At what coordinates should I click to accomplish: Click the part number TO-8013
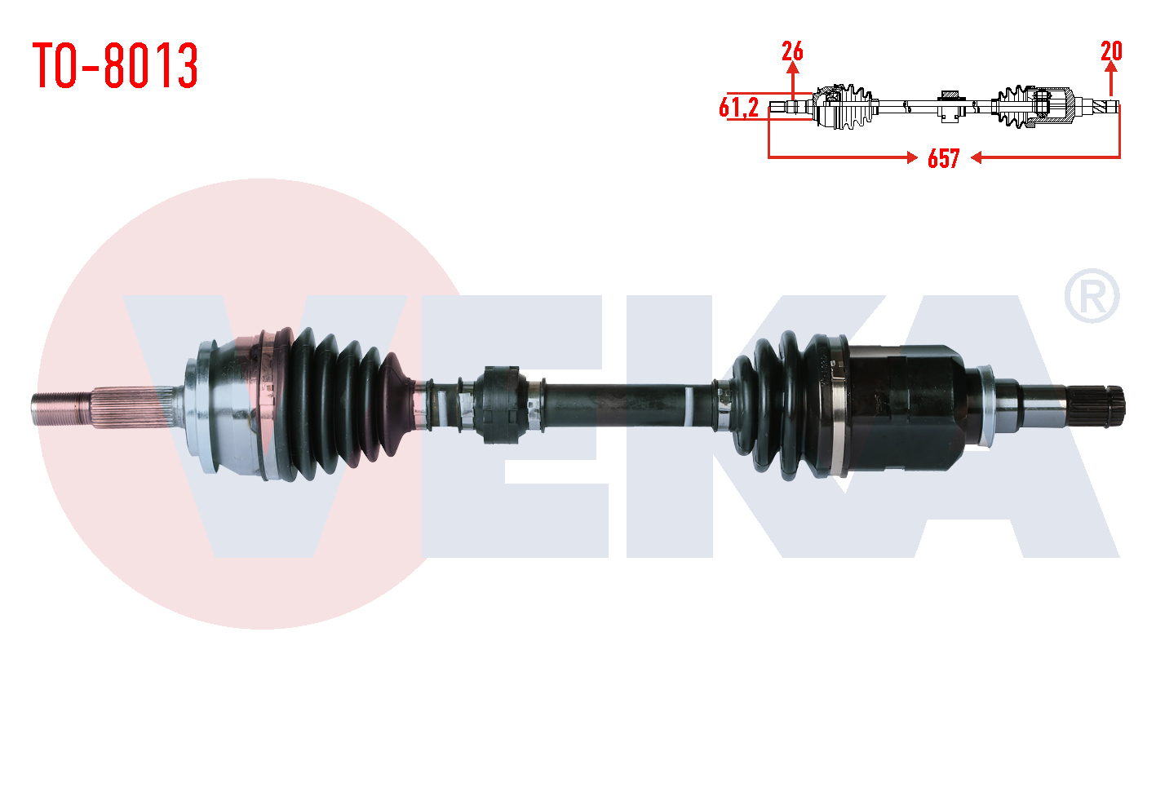click(x=115, y=65)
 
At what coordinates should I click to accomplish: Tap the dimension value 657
click(x=943, y=158)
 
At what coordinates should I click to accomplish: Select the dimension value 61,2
click(x=738, y=108)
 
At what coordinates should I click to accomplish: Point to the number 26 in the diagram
click(x=792, y=51)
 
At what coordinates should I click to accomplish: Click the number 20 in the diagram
click(x=1111, y=51)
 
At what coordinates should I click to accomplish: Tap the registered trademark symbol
click(x=1092, y=296)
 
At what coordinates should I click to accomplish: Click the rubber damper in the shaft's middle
click(x=499, y=405)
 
